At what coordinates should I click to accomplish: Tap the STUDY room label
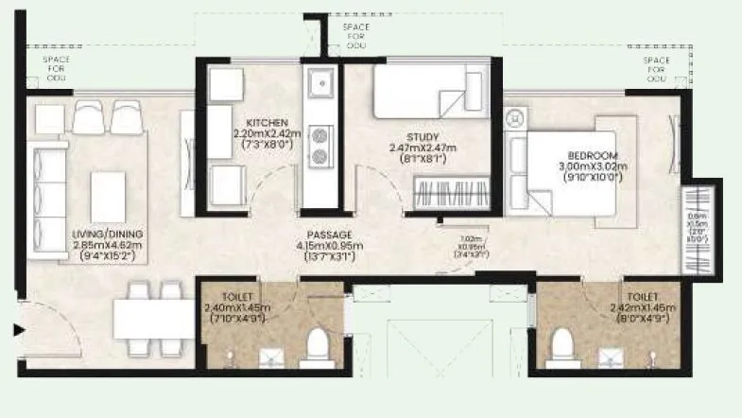click(423, 136)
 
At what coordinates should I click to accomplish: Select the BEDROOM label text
click(593, 156)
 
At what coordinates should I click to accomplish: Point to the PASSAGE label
click(330, 235)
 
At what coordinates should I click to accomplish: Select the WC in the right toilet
click(563, 345)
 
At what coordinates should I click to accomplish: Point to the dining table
click(154, 318)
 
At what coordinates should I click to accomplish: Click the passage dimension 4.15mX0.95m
click(330, 246)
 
